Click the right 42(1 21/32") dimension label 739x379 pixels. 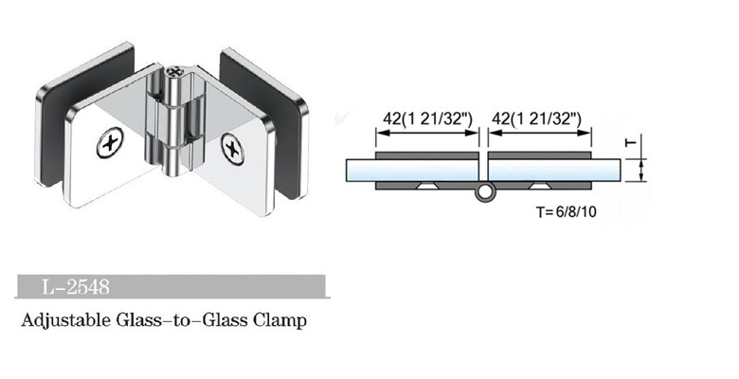[x=539, y=117]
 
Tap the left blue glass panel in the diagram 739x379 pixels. [x=407, y=171]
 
